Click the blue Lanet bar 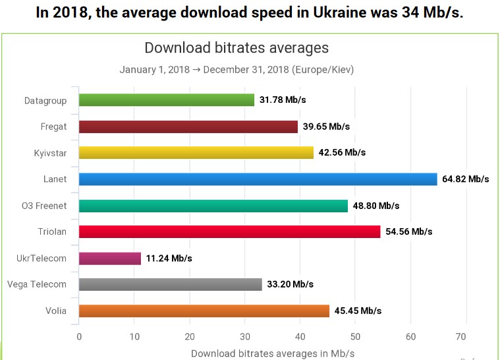(258, 179)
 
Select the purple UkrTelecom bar (109, 258)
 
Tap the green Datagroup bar (166, 100)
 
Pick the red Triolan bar (229, 232)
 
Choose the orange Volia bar (204, 311)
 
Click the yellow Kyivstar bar (196, 153)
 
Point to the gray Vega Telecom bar (170, 285)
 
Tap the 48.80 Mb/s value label (376, 206)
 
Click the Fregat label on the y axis (53, 127)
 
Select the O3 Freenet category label (44, 206)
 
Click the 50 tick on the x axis (356, 336)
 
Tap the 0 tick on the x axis (79, 336)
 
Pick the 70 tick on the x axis (466, 336)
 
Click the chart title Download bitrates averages (236, 48)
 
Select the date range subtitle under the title (236, 69)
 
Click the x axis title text (272, 353)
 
